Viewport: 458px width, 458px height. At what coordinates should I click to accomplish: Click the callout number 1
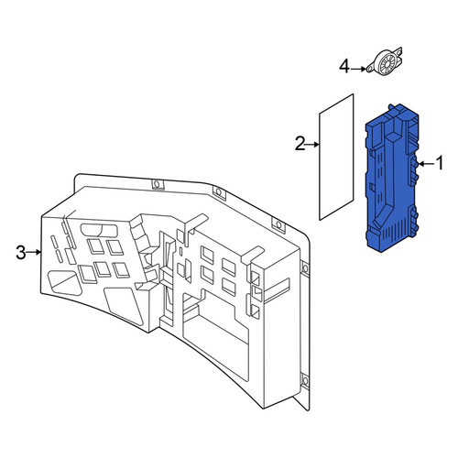(440, 163)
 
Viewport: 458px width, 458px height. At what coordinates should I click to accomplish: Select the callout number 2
(300, 144)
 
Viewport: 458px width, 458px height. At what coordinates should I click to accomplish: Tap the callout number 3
(21, 252)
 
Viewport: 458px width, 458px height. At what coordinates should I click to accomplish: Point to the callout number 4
(344, 67)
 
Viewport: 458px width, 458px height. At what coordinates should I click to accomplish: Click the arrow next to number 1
(426, 164)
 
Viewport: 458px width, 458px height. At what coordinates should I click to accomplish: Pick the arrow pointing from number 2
(312, 145)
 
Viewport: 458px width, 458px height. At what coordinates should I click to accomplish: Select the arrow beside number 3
(34, 252)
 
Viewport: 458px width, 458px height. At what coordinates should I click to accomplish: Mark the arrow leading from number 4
(358, 70)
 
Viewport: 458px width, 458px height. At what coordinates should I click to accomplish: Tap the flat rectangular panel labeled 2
(336, 157)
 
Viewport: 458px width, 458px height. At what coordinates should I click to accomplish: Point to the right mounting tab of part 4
(398, 51)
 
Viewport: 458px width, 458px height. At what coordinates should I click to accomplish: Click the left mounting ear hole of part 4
(370, 70)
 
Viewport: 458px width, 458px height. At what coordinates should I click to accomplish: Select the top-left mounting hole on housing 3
(157, 184)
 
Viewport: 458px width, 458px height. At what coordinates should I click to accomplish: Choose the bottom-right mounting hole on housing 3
(305, 381)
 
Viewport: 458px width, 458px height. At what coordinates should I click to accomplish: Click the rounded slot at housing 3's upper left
(99, 231)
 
